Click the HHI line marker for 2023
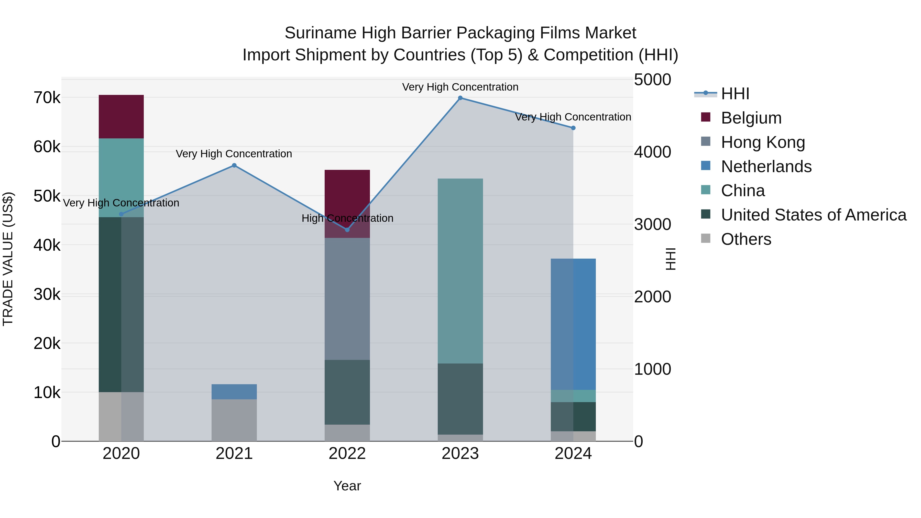point(460,98)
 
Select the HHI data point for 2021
point(234,166)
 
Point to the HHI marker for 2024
point(573,128)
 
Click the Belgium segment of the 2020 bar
point(121,117)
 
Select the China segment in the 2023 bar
point(460,271)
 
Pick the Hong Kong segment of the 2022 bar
point(347,299)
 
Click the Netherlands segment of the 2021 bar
point(234,392)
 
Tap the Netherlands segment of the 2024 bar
point(573,324)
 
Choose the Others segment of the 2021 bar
point(234,420)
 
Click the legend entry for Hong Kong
point(763,142)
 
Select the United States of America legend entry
point(813,215)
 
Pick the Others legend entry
point(746,239)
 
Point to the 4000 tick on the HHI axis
point(652,152)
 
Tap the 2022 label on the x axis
point(347,454)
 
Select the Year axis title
point(347,486)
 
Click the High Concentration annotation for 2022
point(347,218)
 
